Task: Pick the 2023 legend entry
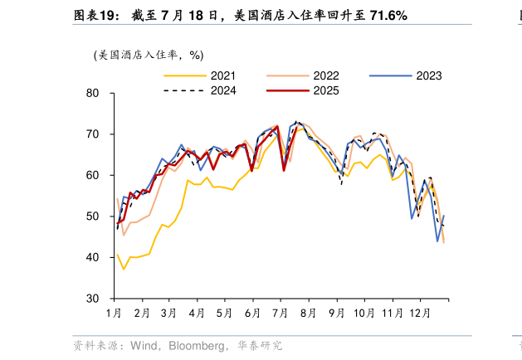click(x=428, y=76)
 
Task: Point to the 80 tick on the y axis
click(x=93, y=94)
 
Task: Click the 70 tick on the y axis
click(x=93, y=134)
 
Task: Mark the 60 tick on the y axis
click(x=93, y=176)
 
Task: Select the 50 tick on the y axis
click(x=93, y=216)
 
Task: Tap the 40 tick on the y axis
click(x=93, y=258)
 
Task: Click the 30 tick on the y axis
click(x=93, y=299)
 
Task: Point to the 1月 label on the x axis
click(x=115, y=314)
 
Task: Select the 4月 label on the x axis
click(x=197, y=314)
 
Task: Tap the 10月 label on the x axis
click(x=363, y=314)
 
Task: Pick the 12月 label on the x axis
click(x=419, y=314)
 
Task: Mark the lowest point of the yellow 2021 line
click(x=124, y=269)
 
